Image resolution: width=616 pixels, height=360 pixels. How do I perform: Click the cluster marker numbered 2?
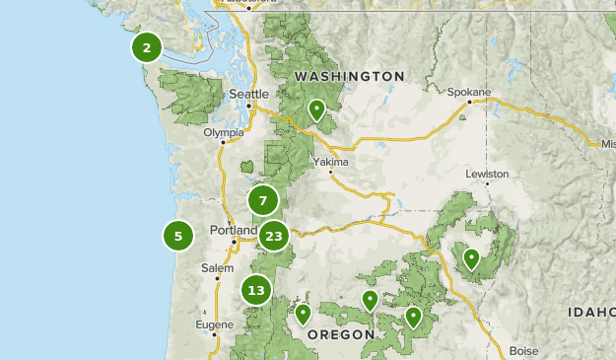pos(147,47)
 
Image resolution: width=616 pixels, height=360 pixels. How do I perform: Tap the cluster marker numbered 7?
pos(262,201)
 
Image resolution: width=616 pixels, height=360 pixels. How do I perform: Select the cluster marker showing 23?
pos(274,236)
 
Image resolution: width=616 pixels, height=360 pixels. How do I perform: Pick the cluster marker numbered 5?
pos(177,236)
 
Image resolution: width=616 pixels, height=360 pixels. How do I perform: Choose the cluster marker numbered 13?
pos(256,290)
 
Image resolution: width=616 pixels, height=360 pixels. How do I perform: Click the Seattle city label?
pos(247,94)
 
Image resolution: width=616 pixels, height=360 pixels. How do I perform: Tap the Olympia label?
pos(223,132)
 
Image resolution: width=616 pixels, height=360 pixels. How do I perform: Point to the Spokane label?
pos(468,92)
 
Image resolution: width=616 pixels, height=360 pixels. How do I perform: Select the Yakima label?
pos(330,161)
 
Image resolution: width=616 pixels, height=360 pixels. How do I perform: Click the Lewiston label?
pos(488,174)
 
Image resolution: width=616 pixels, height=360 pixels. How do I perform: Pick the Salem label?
pos(218,267)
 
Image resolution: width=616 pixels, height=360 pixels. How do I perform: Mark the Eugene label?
pos(215,324)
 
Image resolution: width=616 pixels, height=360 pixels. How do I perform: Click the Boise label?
pos(524,351)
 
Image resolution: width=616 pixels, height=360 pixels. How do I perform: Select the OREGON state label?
pos(341,334)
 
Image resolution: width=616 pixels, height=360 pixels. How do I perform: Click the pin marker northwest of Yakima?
pos(316,110)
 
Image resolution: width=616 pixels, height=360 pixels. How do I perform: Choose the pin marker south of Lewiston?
pos(472,259)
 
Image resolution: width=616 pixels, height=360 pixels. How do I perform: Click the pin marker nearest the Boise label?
pos(414,317)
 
